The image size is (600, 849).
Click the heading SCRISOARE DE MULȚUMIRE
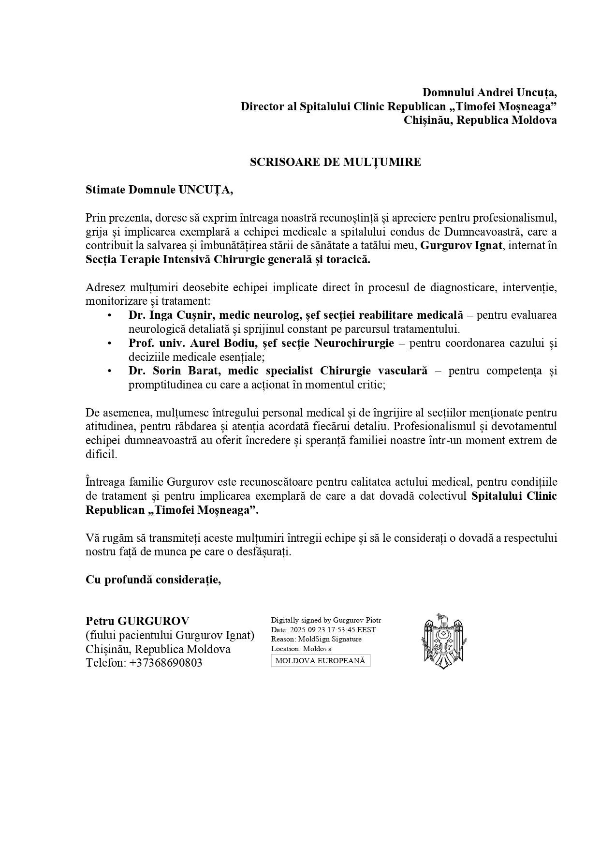click(335, 163)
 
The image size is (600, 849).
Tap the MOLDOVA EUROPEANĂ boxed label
click(320, 661)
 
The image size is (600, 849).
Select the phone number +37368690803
click(166, 663)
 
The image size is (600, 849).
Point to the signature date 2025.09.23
click(307, 630)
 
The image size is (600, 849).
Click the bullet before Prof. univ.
click(110, 343)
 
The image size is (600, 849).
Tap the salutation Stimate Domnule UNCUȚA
click(159, 190)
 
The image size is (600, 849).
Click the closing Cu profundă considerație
click(153, 580)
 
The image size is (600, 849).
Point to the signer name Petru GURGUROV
click(137, 621)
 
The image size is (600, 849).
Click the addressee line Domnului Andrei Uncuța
click(489, 92)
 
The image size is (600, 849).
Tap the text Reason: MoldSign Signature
click(316, 639)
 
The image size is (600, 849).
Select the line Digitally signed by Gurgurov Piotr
click(326, 620)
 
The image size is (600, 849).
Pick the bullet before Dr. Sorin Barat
click(110, 371)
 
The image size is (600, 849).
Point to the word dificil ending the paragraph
click(101, 455)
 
